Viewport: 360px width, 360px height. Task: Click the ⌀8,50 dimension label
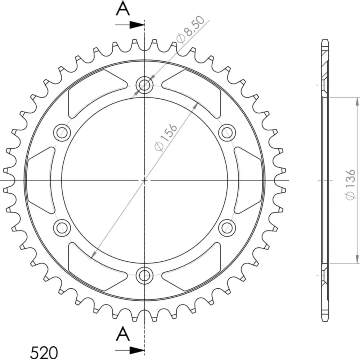pos(190,30)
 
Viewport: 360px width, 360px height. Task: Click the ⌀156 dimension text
pos(166,138)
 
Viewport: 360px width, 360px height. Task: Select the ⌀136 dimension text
pos(350,185)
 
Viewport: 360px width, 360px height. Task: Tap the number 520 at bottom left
pos(44,352)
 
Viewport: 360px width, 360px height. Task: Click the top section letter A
pos(123,9)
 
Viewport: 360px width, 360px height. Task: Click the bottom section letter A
pos(123,334)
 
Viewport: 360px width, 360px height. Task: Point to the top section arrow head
pos(137,25)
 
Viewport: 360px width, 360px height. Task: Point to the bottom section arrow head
pos(137,350)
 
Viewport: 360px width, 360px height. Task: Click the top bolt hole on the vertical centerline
pos(144,85)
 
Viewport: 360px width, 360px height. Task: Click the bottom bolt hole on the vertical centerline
pos(144,275)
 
